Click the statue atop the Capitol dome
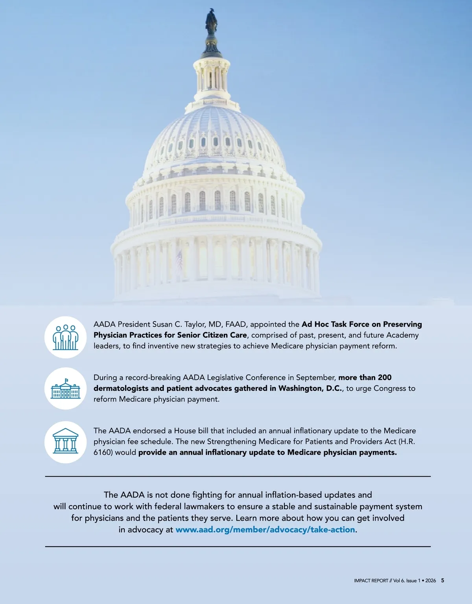pyautogui.click(x=211, y=22)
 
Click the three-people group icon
pyautogui.click(x=65, y=337)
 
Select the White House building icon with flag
pyautogui.click(x=65, y=388)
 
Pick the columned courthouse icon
pyautogui.click(x=65, y=441)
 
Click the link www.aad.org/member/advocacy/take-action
pyautogui.click(x=265, y=530)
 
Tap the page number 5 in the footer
pyautogui.click(x=442, y=580)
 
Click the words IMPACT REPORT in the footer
pyautogui.click(x=371, y=581)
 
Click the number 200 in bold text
pyautogui.click(x=385, y=378)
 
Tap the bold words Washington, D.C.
pyautogui.click(x=310, y=388)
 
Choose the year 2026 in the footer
pyautogui.click(x=430, y=581)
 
